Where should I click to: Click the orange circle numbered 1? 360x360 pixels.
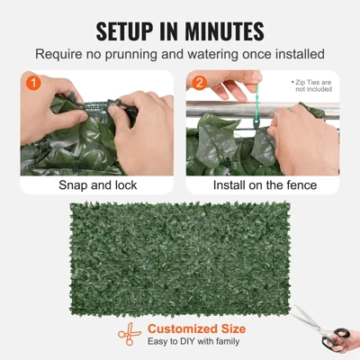point(33,84)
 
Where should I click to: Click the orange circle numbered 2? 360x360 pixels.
point(199,84)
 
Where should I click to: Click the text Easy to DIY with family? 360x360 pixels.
point(194,342)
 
